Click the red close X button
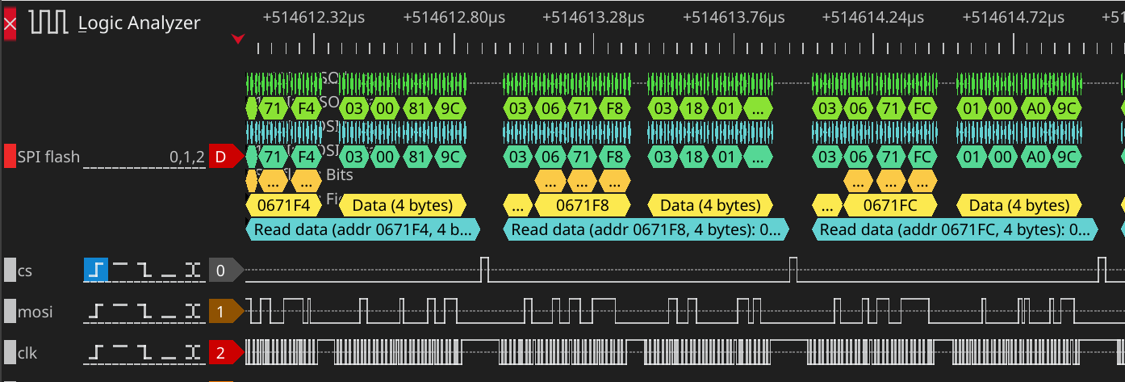coord(10,23)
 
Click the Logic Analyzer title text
coord(139,23)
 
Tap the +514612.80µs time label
coord(454,16)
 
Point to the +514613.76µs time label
coord(734,16)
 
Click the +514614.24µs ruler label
coord(873,16)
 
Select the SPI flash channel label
coord(48,157)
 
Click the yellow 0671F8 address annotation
coord(582,205)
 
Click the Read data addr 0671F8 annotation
coord(646,229)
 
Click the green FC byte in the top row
coord(922,107)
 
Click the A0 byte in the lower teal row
coord(1034,156)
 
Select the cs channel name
coord(25,271)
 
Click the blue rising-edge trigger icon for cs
coord(95,271)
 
